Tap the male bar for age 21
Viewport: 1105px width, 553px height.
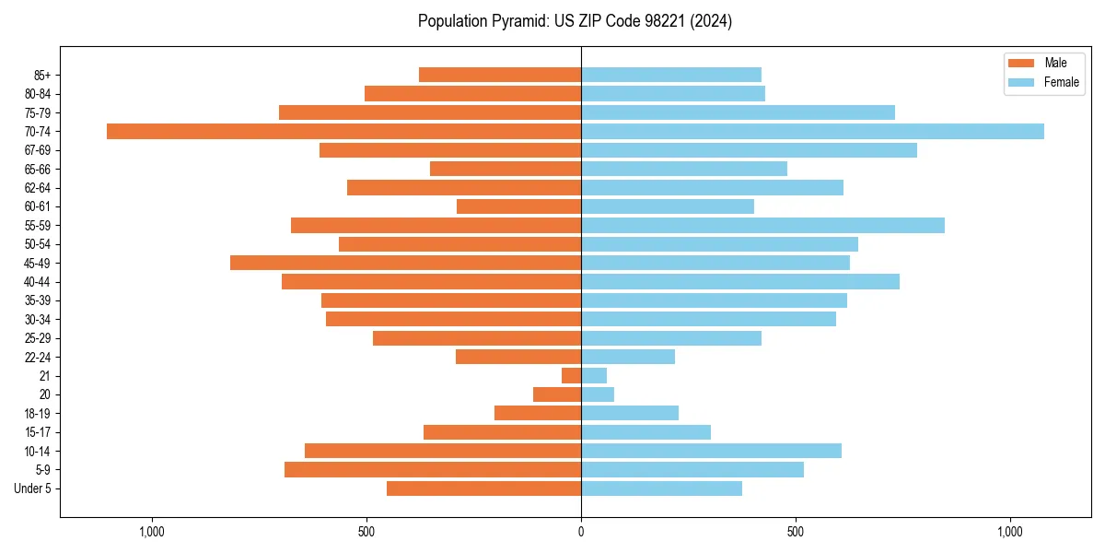pos(571,375)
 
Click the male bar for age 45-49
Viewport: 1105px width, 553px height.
pos(405,263)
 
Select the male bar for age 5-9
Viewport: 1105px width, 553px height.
pos(433,469)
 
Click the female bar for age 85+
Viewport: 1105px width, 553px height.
pos(671,75)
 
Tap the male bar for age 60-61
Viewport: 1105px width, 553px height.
pos(518,206)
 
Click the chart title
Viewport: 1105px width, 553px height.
pos(575,21)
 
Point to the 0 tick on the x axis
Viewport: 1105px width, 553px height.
pos(581,532)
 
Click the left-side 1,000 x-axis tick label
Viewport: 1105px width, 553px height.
pos(151,532)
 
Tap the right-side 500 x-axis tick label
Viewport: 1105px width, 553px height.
pos(796,532)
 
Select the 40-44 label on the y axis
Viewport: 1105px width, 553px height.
pos(37,282)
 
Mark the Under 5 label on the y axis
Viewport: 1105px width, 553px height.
pos(32,488)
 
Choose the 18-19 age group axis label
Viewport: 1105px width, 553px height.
pos(37,413)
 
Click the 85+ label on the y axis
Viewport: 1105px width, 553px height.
pos(41,75)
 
